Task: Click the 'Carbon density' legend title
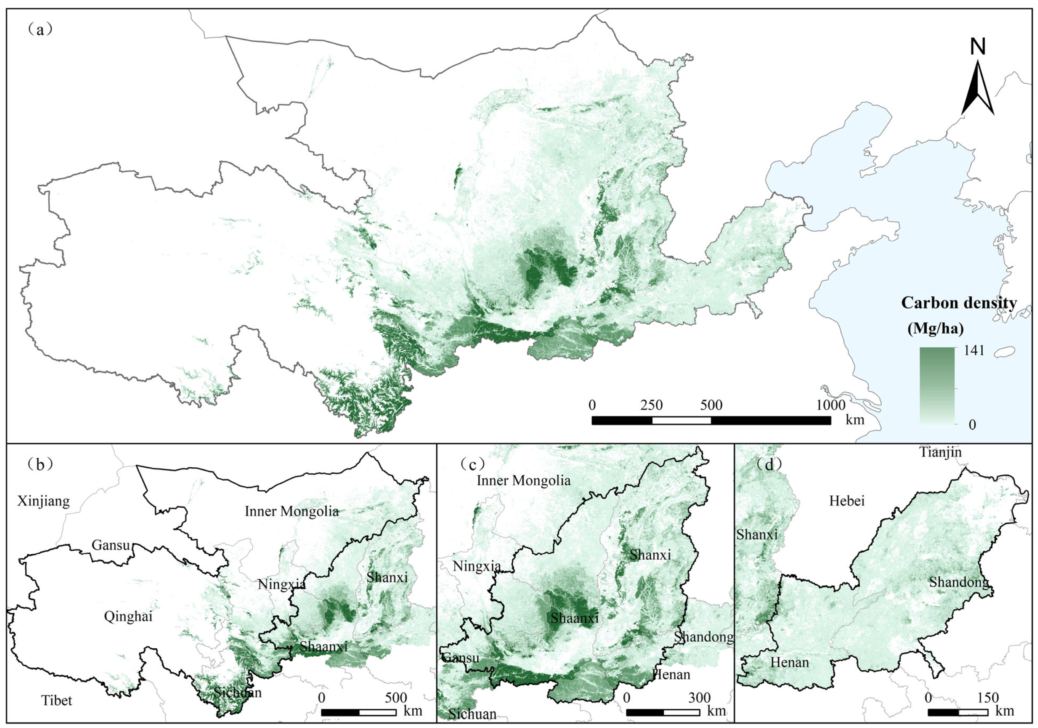coord(959,303)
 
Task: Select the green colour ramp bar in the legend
coord(937,385)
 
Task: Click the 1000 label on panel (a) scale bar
coord(831,405)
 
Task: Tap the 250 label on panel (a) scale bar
coord(652,405)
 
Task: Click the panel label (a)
coord(40,30)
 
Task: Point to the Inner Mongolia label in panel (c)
coord(523,481)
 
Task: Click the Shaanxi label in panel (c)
coord(574,618)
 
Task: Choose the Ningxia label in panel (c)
coord(477,566)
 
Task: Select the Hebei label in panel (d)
coord(847,501)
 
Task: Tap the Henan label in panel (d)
coord(789,662)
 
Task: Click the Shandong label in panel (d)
coord(958,582)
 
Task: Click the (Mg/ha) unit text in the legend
coord(935,328)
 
